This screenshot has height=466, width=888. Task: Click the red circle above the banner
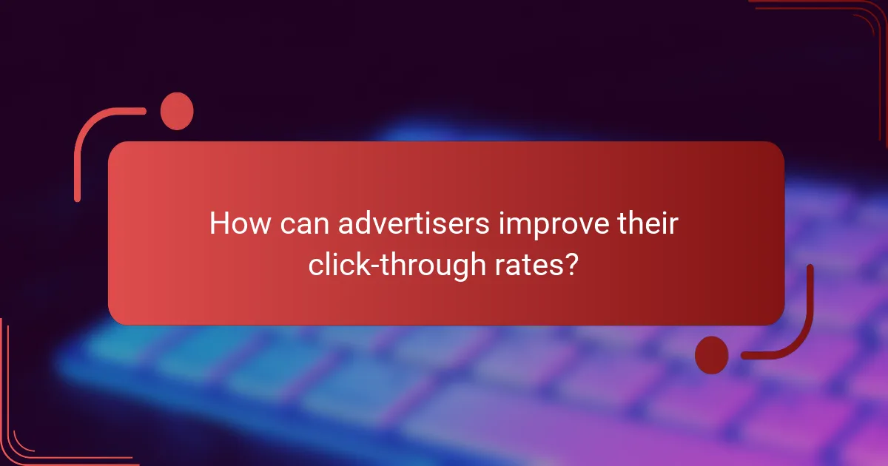(x=177, y=111)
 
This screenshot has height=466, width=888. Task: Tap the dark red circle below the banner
(x=711, y=354)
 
